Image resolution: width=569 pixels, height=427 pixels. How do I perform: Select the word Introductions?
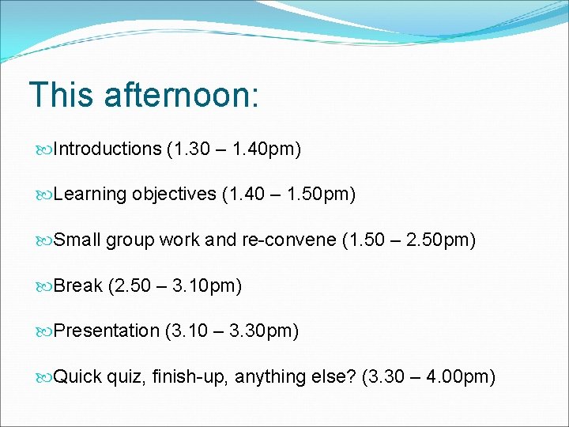pos(107,149)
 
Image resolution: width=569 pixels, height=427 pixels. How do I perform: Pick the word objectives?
pos(174,195)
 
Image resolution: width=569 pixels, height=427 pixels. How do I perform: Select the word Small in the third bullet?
pos(77,240)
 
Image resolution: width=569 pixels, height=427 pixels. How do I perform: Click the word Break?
pos(78,285)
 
